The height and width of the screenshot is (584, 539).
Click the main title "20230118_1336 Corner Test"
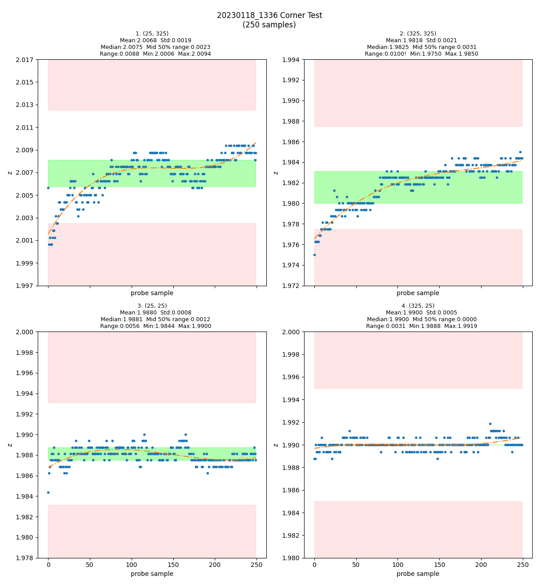269,15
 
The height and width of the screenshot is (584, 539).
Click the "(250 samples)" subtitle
269,25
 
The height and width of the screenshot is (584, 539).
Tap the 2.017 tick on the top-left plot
26,59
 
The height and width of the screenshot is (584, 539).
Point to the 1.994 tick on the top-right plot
292,59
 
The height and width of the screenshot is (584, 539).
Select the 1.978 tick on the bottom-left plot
26,558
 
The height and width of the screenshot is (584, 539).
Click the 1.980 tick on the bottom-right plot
292,558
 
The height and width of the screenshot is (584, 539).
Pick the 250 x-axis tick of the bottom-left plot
256,565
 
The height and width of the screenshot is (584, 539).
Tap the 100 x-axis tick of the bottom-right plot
398,565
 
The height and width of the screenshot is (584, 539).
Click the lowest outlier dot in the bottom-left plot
48,492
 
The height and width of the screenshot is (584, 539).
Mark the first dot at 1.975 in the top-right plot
314,255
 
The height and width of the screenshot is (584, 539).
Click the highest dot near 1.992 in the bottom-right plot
490,424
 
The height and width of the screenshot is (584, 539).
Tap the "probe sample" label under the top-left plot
152,293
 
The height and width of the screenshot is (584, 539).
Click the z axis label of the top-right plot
276,173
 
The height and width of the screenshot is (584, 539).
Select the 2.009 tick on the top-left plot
26,150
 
